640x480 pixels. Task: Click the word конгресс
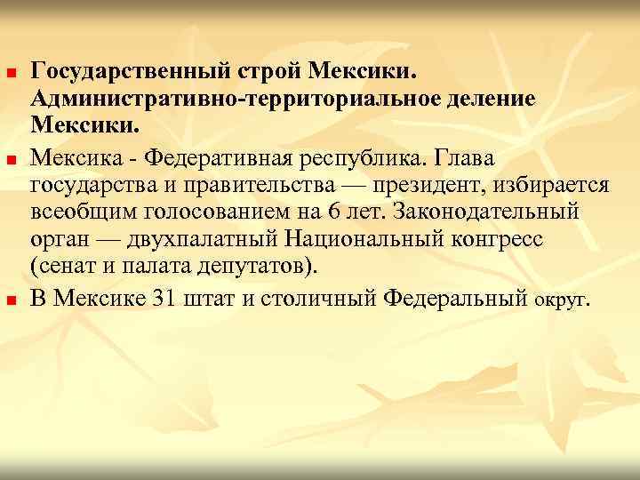(x=503, y=240)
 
